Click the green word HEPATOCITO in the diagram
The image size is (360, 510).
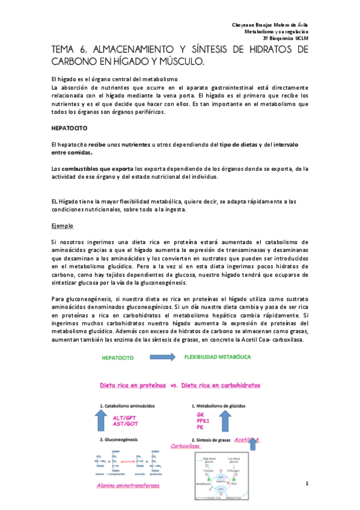click(x=117, y=357)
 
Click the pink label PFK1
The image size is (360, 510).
click(x=203, y=421)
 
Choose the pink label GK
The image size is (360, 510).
click(x=200, y=415)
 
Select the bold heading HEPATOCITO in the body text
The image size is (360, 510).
click(x=70, y=129)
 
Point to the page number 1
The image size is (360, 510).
click(x=323, y=484)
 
